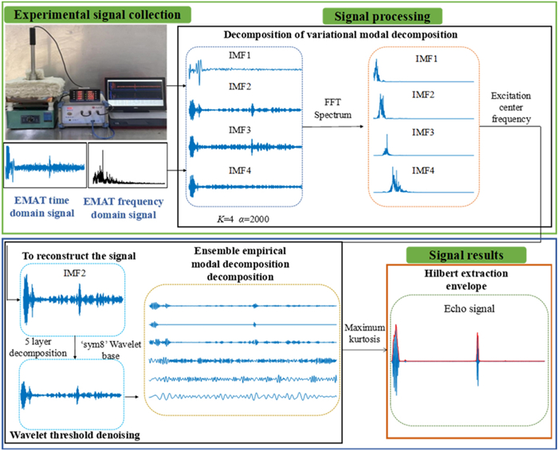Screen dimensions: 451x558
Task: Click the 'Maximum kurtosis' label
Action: [x=363, y=333]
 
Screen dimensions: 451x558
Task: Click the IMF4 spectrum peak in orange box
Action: [x=394, y=183]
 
